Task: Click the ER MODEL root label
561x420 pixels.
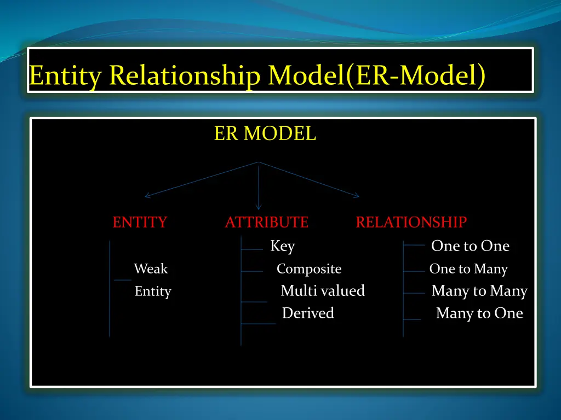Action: tap(265, 133)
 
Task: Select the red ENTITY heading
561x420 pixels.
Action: tap(140, 223)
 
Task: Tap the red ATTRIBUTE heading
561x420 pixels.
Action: tap(266, 223)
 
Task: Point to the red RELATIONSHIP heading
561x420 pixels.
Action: tap(411, 223)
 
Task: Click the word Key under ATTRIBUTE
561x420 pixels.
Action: tap(282, 247)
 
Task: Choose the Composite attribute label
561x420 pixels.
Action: tap(308, 269)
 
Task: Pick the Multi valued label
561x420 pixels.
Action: tap(322, 291)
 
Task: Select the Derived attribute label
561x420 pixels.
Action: tap(307, 313)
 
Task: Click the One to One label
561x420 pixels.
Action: tap(470, 247)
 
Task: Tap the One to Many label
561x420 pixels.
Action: tap(468, 269)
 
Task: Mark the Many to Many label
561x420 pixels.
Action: tap(479, 291)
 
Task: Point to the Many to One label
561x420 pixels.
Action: tap(479, 314)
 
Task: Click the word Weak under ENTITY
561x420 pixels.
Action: tap(151, 269)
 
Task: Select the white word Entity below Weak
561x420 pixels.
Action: tap(153, 292)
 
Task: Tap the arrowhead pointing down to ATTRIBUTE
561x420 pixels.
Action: tap(259, 207)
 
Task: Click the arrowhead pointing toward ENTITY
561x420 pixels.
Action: tap(147, 195)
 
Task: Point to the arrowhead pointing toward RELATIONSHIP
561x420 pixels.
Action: tap(357, 195)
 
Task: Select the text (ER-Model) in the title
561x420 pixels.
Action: tap(415, 75)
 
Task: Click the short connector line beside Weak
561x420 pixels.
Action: tap(123, 279)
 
